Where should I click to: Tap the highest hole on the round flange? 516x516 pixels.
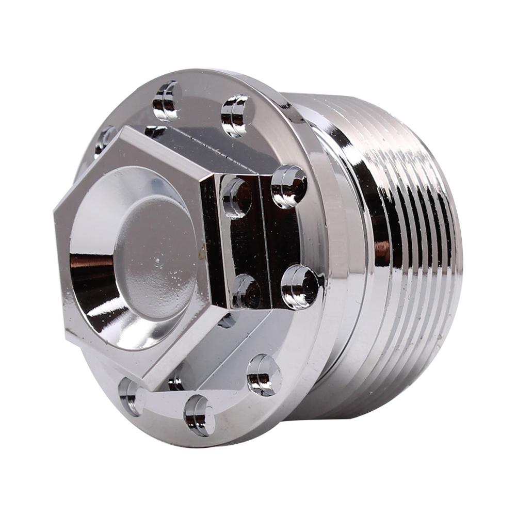[x=167, y=100]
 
